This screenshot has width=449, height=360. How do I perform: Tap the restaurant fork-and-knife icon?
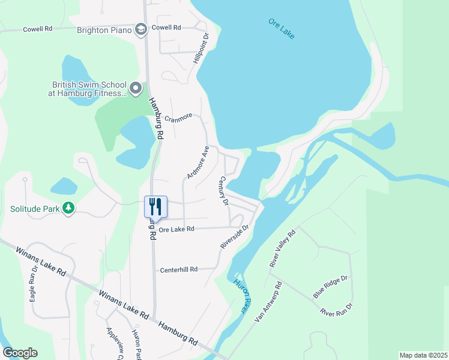click(155, 207)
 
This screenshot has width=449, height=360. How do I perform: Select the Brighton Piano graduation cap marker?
click(140, 29)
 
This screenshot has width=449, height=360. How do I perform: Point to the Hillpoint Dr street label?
click(201, 49)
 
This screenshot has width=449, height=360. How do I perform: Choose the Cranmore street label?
click(178, 116)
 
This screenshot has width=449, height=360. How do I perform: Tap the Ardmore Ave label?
click(197, 162)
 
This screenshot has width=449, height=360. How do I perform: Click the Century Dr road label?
click(224, 191)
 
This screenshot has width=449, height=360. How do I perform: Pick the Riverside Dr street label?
click(235, 237)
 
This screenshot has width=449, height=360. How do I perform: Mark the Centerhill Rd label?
click(178, 270)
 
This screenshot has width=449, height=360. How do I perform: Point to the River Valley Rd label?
click(283, 248)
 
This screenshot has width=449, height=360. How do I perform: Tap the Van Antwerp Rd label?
click(268, 302)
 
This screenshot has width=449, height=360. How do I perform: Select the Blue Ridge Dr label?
click(331, 287)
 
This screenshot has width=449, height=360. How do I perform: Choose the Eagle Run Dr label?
click(34, 284)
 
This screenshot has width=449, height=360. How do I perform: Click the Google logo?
click(20, 353)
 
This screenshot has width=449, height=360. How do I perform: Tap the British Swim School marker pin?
click(136, 89)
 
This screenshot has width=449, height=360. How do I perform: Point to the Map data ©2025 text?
click(423, 355)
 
